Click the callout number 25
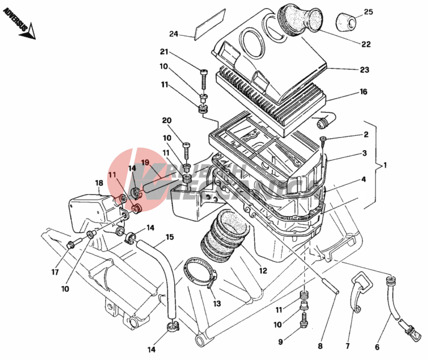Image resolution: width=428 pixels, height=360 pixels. click(368, 12)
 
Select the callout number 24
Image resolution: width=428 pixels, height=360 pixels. click(174, 34)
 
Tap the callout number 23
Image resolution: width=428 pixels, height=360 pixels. click(365, 70)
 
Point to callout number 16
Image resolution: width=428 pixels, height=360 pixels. click(363, 92)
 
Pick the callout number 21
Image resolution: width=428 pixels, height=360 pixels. click(164, 52)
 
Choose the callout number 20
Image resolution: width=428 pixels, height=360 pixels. click(166, 120)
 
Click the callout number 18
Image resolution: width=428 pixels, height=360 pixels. click(99, 183)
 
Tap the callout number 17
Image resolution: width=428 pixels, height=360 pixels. click(55, 273)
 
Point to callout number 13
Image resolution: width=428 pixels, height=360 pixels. click(217, 304)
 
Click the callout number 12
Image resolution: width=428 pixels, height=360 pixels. click(263, 270)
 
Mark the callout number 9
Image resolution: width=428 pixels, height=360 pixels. click(280, 342)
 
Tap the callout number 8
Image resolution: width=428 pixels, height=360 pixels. click(320, 346)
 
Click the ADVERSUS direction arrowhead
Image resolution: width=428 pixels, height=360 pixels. click(28, 34)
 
